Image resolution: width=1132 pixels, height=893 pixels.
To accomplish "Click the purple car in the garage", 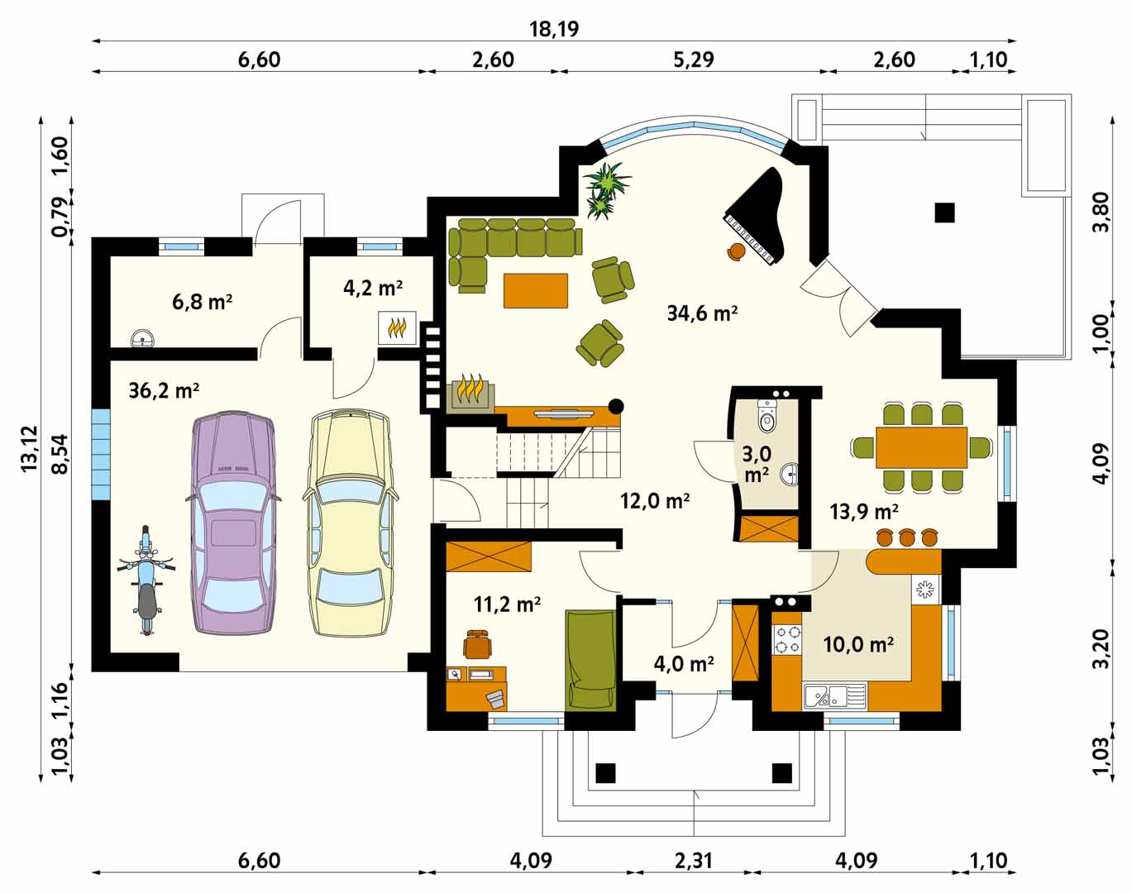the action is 232,523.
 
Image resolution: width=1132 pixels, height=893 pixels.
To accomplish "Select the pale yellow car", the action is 350,523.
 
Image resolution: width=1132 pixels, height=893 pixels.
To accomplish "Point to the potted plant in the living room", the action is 606,190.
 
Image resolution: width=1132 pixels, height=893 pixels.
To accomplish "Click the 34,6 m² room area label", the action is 702,313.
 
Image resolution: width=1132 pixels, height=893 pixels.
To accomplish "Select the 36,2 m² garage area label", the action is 164,391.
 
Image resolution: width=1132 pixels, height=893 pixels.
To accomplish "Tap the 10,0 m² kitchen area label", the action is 858,644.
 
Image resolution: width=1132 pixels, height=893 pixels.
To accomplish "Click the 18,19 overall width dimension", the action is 553,29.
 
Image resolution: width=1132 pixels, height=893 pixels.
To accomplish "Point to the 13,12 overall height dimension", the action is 30,446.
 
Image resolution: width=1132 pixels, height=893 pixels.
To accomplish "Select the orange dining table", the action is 921,447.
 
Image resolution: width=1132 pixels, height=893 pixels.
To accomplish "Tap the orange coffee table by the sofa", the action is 536,290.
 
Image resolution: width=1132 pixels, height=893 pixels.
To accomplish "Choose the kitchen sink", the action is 835,695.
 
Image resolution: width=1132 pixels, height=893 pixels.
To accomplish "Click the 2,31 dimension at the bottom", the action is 693,861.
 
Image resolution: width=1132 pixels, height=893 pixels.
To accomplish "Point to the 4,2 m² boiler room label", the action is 373,288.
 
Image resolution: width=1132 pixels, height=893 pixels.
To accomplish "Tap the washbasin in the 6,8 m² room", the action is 142,338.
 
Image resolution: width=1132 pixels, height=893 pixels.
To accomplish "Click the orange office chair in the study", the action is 478,643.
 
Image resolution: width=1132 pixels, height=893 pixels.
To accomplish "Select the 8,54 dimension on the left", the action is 60,454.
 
